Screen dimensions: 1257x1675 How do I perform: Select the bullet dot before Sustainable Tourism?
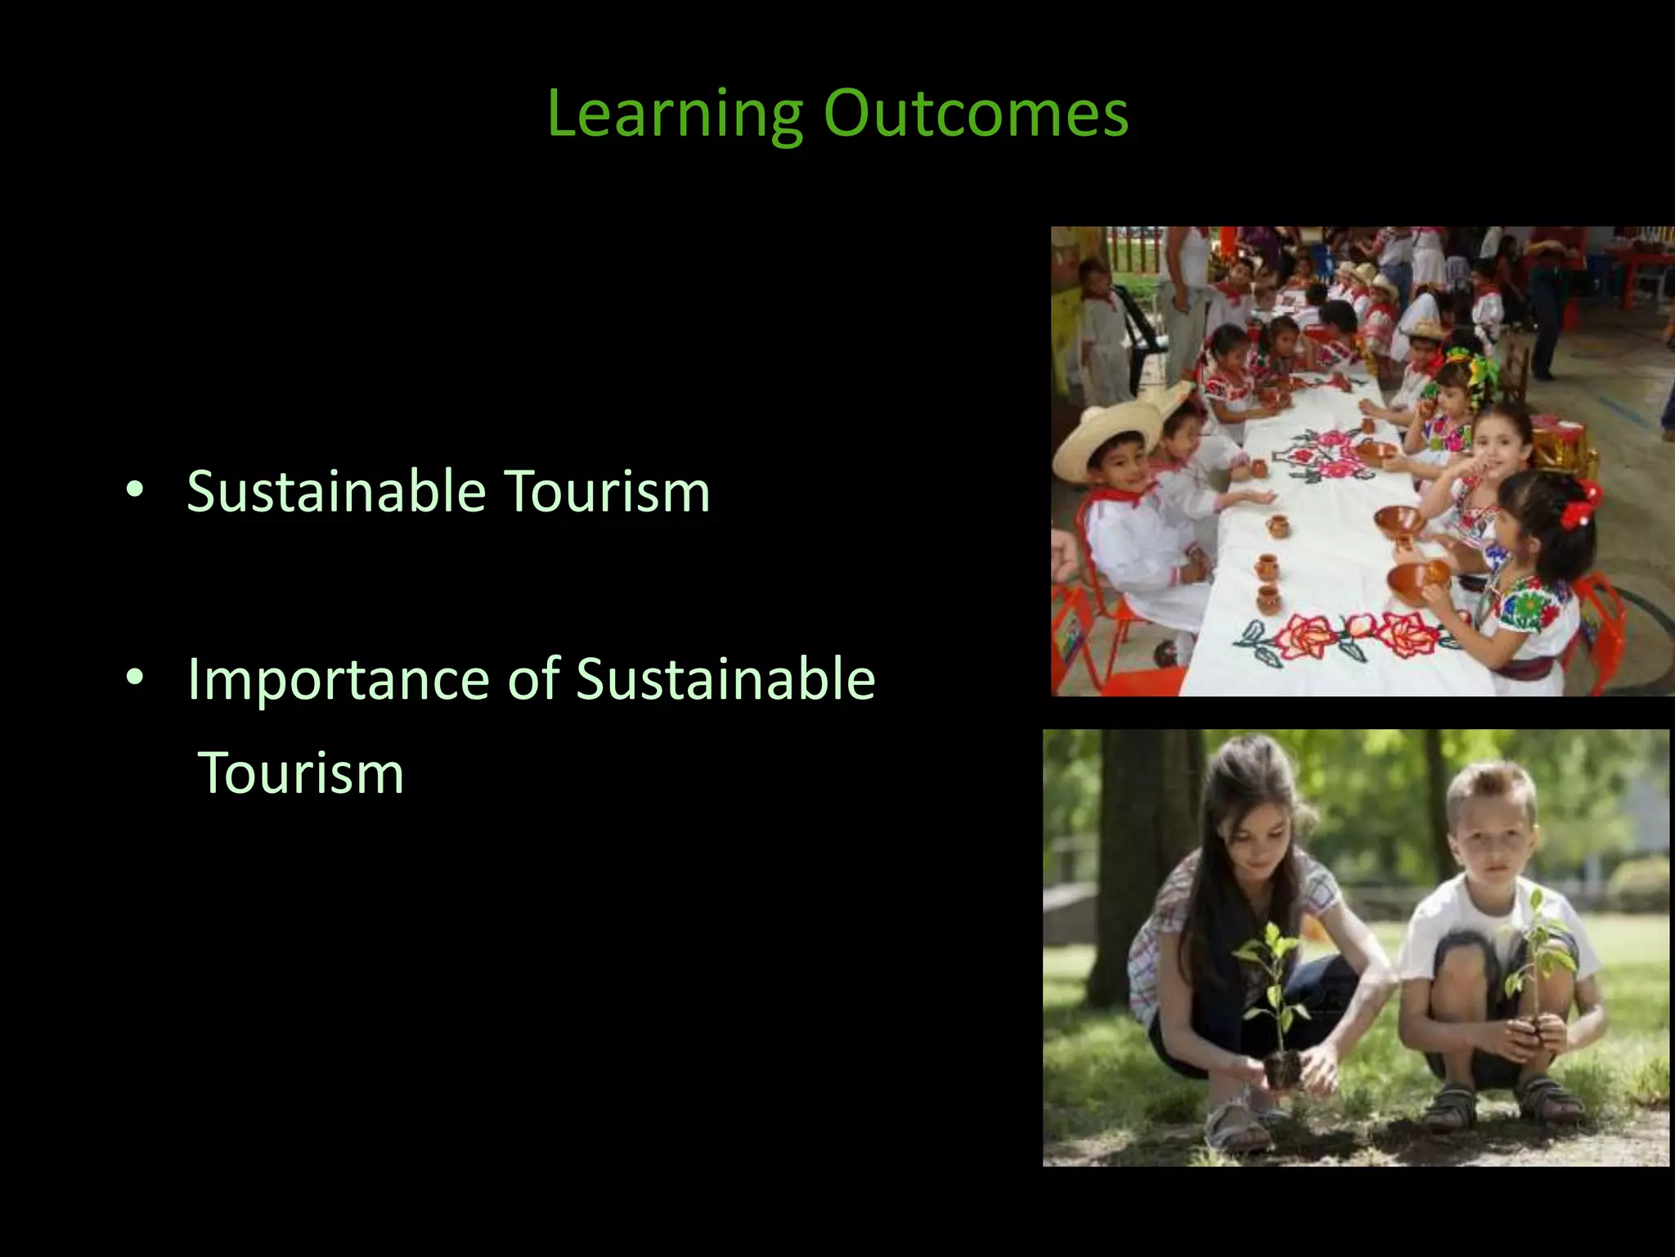click(135, 491)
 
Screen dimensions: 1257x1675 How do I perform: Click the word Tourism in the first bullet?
click(606, 493)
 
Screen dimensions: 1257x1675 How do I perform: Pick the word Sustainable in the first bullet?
click(336, 493)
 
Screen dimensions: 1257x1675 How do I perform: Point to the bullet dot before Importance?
click(135, 678)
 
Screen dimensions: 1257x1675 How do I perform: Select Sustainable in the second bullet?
click(725, 679)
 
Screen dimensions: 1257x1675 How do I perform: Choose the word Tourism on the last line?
click(301, 773)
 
